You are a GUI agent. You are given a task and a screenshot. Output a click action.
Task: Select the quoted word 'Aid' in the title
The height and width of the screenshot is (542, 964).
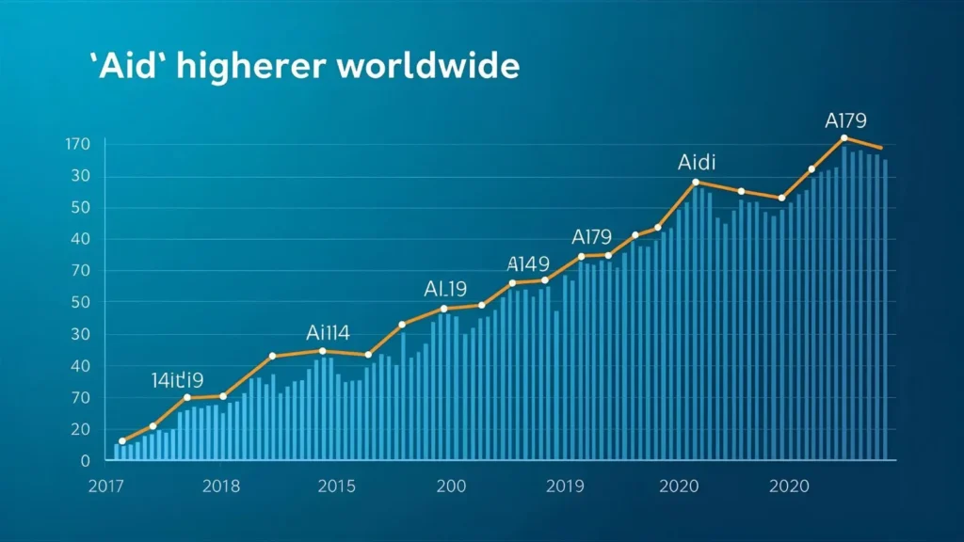coord(126,68)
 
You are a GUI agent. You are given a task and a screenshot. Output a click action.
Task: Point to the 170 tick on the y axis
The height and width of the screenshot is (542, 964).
coord(77,144)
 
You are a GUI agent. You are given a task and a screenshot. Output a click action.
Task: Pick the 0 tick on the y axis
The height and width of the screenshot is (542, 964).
coord(85,461)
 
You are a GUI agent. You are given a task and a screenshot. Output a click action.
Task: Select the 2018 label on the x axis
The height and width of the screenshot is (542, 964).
coord(221,486)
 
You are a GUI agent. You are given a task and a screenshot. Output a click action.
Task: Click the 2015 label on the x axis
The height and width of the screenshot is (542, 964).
coord(336,486)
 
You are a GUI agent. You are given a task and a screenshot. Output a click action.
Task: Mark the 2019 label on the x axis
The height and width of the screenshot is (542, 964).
coord(565,486)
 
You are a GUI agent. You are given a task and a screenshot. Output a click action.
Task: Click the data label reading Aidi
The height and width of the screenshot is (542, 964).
coord(698,163)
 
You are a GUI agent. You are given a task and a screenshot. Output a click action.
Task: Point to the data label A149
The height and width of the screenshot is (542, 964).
coord(528,263)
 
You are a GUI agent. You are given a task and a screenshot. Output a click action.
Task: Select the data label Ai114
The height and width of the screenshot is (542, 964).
coord(329,332)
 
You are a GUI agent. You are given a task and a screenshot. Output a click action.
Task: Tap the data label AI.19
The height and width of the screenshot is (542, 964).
coord(445,289)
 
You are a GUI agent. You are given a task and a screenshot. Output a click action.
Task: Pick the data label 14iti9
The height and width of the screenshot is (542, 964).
coord(177,380)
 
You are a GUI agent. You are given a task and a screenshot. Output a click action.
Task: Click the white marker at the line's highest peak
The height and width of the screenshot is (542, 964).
coord(844,138)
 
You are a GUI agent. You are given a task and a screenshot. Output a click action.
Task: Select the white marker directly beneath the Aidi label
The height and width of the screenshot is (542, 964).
coord(696,182)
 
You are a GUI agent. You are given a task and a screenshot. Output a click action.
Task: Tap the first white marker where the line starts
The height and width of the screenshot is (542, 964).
coord(122,441)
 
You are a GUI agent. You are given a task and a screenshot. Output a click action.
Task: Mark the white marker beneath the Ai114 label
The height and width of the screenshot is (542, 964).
coord(323,351)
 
